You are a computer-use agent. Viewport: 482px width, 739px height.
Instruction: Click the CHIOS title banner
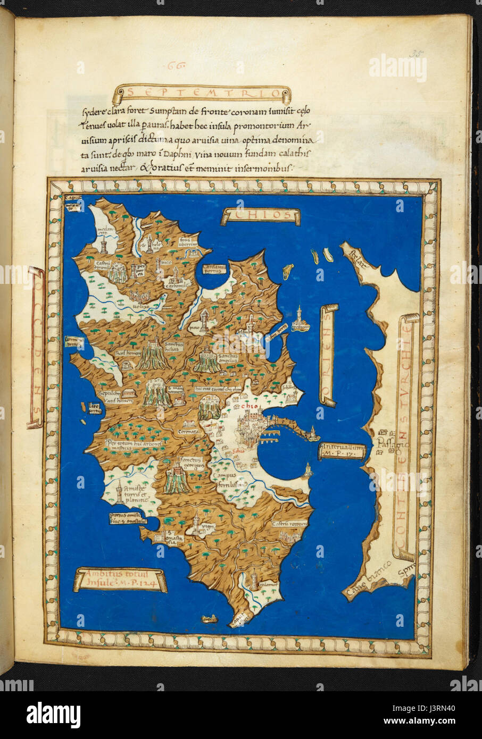pos(261,215)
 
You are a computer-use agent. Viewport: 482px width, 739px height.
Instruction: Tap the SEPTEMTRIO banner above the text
pos(202,95)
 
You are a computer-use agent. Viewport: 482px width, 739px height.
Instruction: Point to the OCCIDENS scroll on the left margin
pos(35,348)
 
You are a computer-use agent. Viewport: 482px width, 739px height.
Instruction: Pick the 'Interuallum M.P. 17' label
pos(343,451)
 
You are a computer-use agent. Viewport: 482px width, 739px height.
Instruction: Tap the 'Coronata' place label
pos(188,432)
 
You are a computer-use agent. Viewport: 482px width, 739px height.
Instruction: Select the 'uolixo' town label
pos(140,307)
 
